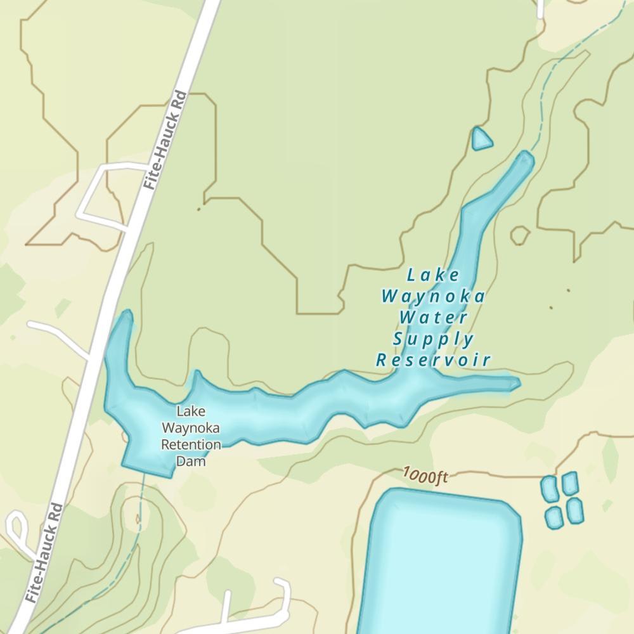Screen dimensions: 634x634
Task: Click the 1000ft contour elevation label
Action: [424, 475]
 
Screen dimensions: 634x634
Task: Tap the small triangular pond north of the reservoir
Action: [481, 139]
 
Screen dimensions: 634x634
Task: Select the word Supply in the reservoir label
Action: [434, 339]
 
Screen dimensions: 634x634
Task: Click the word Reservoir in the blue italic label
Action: [434, 361]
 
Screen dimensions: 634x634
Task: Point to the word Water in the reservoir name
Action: [434, 317]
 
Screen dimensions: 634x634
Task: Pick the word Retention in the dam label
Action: [191, 444]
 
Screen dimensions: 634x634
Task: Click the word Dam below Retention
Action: [191, 462]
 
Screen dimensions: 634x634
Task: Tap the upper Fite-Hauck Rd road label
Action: [165, 140]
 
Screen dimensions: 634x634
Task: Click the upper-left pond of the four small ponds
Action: [549, 488]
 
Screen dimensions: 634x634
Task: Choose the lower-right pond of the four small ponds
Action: [575, 510]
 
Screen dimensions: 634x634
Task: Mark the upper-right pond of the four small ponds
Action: [570, 482]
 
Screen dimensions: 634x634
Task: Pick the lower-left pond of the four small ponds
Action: [553, 517]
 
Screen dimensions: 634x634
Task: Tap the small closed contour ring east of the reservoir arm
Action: [519, 235]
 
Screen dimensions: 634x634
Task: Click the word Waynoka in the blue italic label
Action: [434, 296]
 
